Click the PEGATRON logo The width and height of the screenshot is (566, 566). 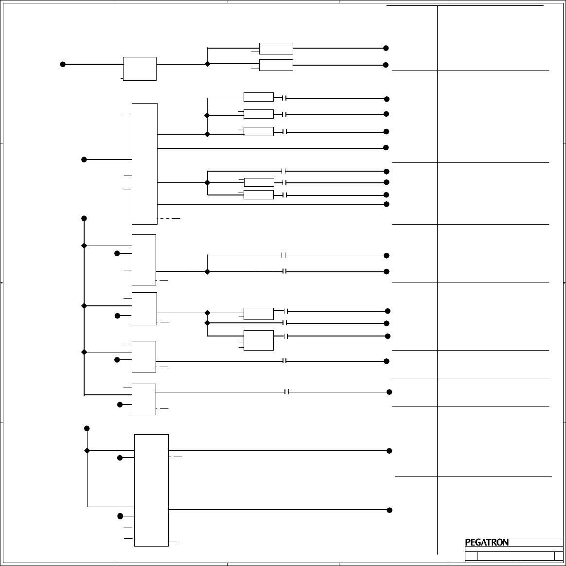487,542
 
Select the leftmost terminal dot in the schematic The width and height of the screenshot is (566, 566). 63,64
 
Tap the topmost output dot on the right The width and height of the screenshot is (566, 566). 386,48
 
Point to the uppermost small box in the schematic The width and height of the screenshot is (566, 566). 276,48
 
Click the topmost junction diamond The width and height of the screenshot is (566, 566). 208,64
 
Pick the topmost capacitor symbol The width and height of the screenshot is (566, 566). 284,98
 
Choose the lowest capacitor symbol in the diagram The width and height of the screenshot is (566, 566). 287,392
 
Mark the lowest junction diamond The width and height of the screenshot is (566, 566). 88,451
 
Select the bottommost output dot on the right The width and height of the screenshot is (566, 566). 389,510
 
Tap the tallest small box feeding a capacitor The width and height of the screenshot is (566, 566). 258,340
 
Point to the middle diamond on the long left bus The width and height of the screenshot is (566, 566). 84,306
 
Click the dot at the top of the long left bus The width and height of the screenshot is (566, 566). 84,218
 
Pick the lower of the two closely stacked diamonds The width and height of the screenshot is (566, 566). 208,323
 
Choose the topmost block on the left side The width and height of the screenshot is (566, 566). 140,69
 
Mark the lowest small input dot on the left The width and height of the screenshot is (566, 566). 120,516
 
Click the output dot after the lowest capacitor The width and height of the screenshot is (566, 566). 389,392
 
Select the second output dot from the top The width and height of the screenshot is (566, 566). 386,65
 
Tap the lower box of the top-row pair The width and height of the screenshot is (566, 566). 276,65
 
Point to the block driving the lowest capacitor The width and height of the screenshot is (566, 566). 144,399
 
